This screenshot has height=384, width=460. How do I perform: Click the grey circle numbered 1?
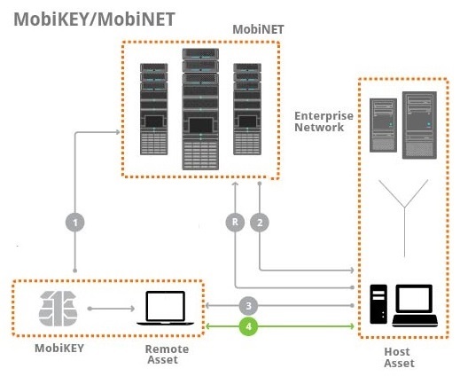pyautogui.click(x=76, y=223)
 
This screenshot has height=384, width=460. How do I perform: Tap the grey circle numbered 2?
pyautogui.click(x=260, y=223)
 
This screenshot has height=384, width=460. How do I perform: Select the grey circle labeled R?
pyautogui.click(x=234, y=223)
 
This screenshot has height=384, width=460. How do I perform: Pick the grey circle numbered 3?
pyautogui.click(x=251, y=304)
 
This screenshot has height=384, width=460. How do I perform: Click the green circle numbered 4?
pyautogui.click(x=251, y=326)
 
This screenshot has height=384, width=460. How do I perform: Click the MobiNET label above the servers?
pyautogui.click(x=258, y=30)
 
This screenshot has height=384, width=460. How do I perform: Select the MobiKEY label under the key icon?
pyautogui.click(x=58, y=349)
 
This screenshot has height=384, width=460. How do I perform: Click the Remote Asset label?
pyautogui.click(x=167, y=355)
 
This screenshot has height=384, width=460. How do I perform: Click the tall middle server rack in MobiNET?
pyautogui.click(x=200, y=108)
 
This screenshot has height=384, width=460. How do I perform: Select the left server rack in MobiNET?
pyautogui.click(x=153, y=107)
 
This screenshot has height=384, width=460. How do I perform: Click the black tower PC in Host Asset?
pyautogui.click(x=379, y=304)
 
